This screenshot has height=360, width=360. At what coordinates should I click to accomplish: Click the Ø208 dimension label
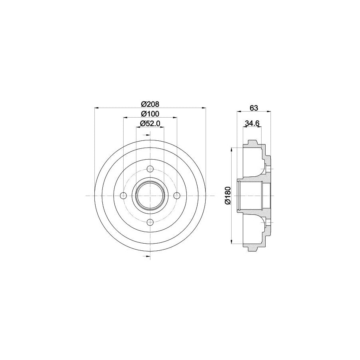pos(150,104)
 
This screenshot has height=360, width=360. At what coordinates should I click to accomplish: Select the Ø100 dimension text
pos(150,114)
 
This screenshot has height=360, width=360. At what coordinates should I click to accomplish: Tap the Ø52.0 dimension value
pos(150,124)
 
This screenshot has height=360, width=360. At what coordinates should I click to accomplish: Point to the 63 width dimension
pos(254,108)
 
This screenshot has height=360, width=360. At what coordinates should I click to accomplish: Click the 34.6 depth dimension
pos(252,124)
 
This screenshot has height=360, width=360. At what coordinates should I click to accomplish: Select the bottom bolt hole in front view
pos(150,222)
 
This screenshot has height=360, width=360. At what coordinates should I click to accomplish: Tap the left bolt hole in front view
pos(124,196)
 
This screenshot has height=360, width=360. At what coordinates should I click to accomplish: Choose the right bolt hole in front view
pos(176,196)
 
